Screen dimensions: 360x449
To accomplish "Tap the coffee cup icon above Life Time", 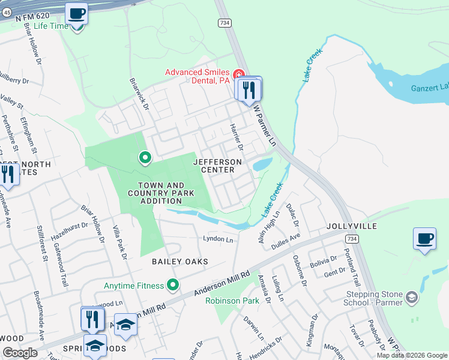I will coord(76,13).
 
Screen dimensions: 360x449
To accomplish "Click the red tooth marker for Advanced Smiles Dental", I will coord(239,74).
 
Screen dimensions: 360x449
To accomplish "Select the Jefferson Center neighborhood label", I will coord(217,166).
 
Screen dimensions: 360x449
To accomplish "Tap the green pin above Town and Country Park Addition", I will coord(145,158).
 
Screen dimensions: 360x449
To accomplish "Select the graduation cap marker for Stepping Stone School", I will coord(412,297).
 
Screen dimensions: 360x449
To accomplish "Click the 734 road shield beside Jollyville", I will coord(353,239).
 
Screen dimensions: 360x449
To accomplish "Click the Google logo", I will coord(20,352).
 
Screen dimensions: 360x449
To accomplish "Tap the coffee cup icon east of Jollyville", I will coord(424,239).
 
